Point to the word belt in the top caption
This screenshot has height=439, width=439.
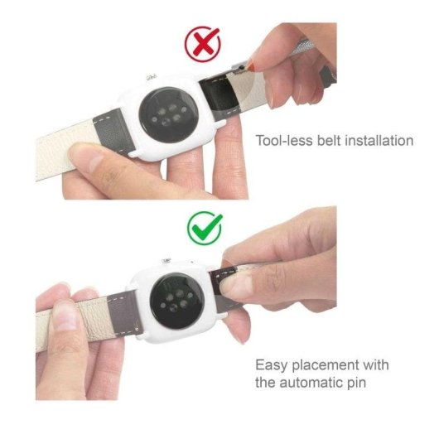pyautogui.click(x=325, y=141)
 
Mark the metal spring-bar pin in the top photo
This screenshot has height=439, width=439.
pyautogui.click(x=241, y=64)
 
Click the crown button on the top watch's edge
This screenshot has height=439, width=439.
pyautogui.click(x=152, y=76)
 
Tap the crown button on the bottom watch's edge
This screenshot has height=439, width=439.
pyautogui.click(x=166, y=262)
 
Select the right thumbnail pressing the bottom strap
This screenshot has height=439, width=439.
pyautogui.click(x=241, y=282)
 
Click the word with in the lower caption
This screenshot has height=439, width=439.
pyautogui.click(x=374, y=365)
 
